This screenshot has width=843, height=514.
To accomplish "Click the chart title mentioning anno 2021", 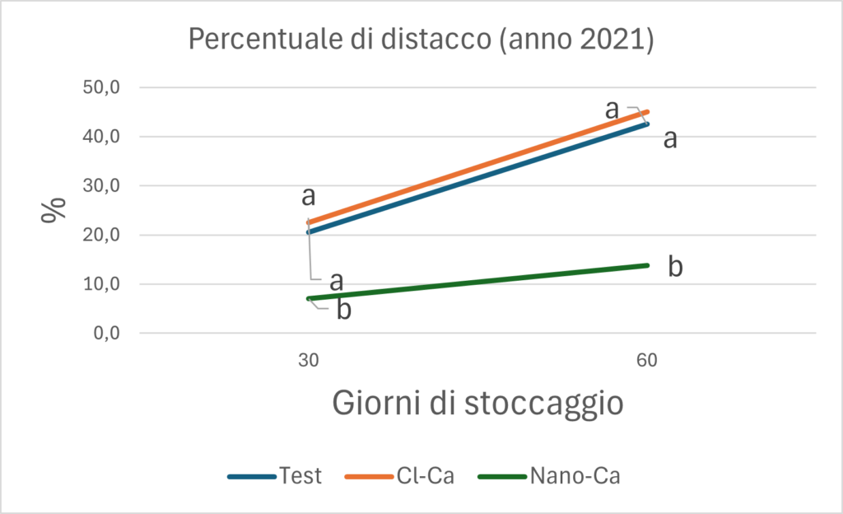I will [421, 40].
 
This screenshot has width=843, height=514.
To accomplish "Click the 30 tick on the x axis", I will [309, 361].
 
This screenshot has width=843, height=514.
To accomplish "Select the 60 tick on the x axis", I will [648, 361].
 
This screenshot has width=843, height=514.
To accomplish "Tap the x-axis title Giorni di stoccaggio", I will [477, 404].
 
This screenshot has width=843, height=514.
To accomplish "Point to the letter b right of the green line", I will [675, 268].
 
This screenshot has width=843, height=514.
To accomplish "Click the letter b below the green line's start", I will [343, 311].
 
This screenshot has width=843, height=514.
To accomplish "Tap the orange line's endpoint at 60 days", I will [648, 112].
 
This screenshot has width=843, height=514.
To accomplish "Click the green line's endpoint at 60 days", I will [647, 265].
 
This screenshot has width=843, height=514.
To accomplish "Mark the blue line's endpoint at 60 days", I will [648, 124].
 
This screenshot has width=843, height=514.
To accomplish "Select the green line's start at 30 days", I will [309, 298].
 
